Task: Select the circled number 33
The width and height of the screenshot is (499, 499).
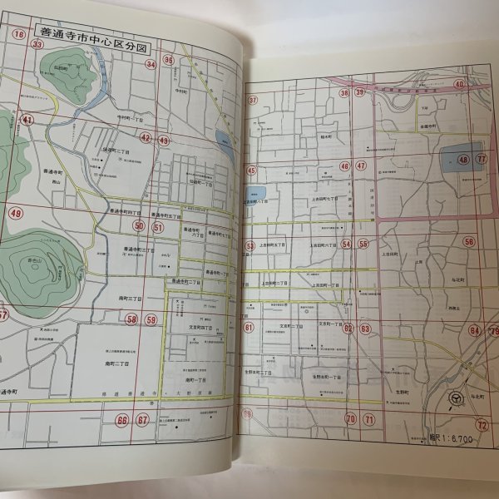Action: coord(37,44)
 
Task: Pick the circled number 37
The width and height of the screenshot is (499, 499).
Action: coord(253,101)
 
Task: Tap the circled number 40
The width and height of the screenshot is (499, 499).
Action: coord(459,84)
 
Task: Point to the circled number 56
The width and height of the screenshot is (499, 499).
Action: coord(470,242)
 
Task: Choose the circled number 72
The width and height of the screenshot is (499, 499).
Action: coord(481,424)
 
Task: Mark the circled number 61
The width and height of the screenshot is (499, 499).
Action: coord(249,329)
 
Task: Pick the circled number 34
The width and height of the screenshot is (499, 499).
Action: coord(151,63)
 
